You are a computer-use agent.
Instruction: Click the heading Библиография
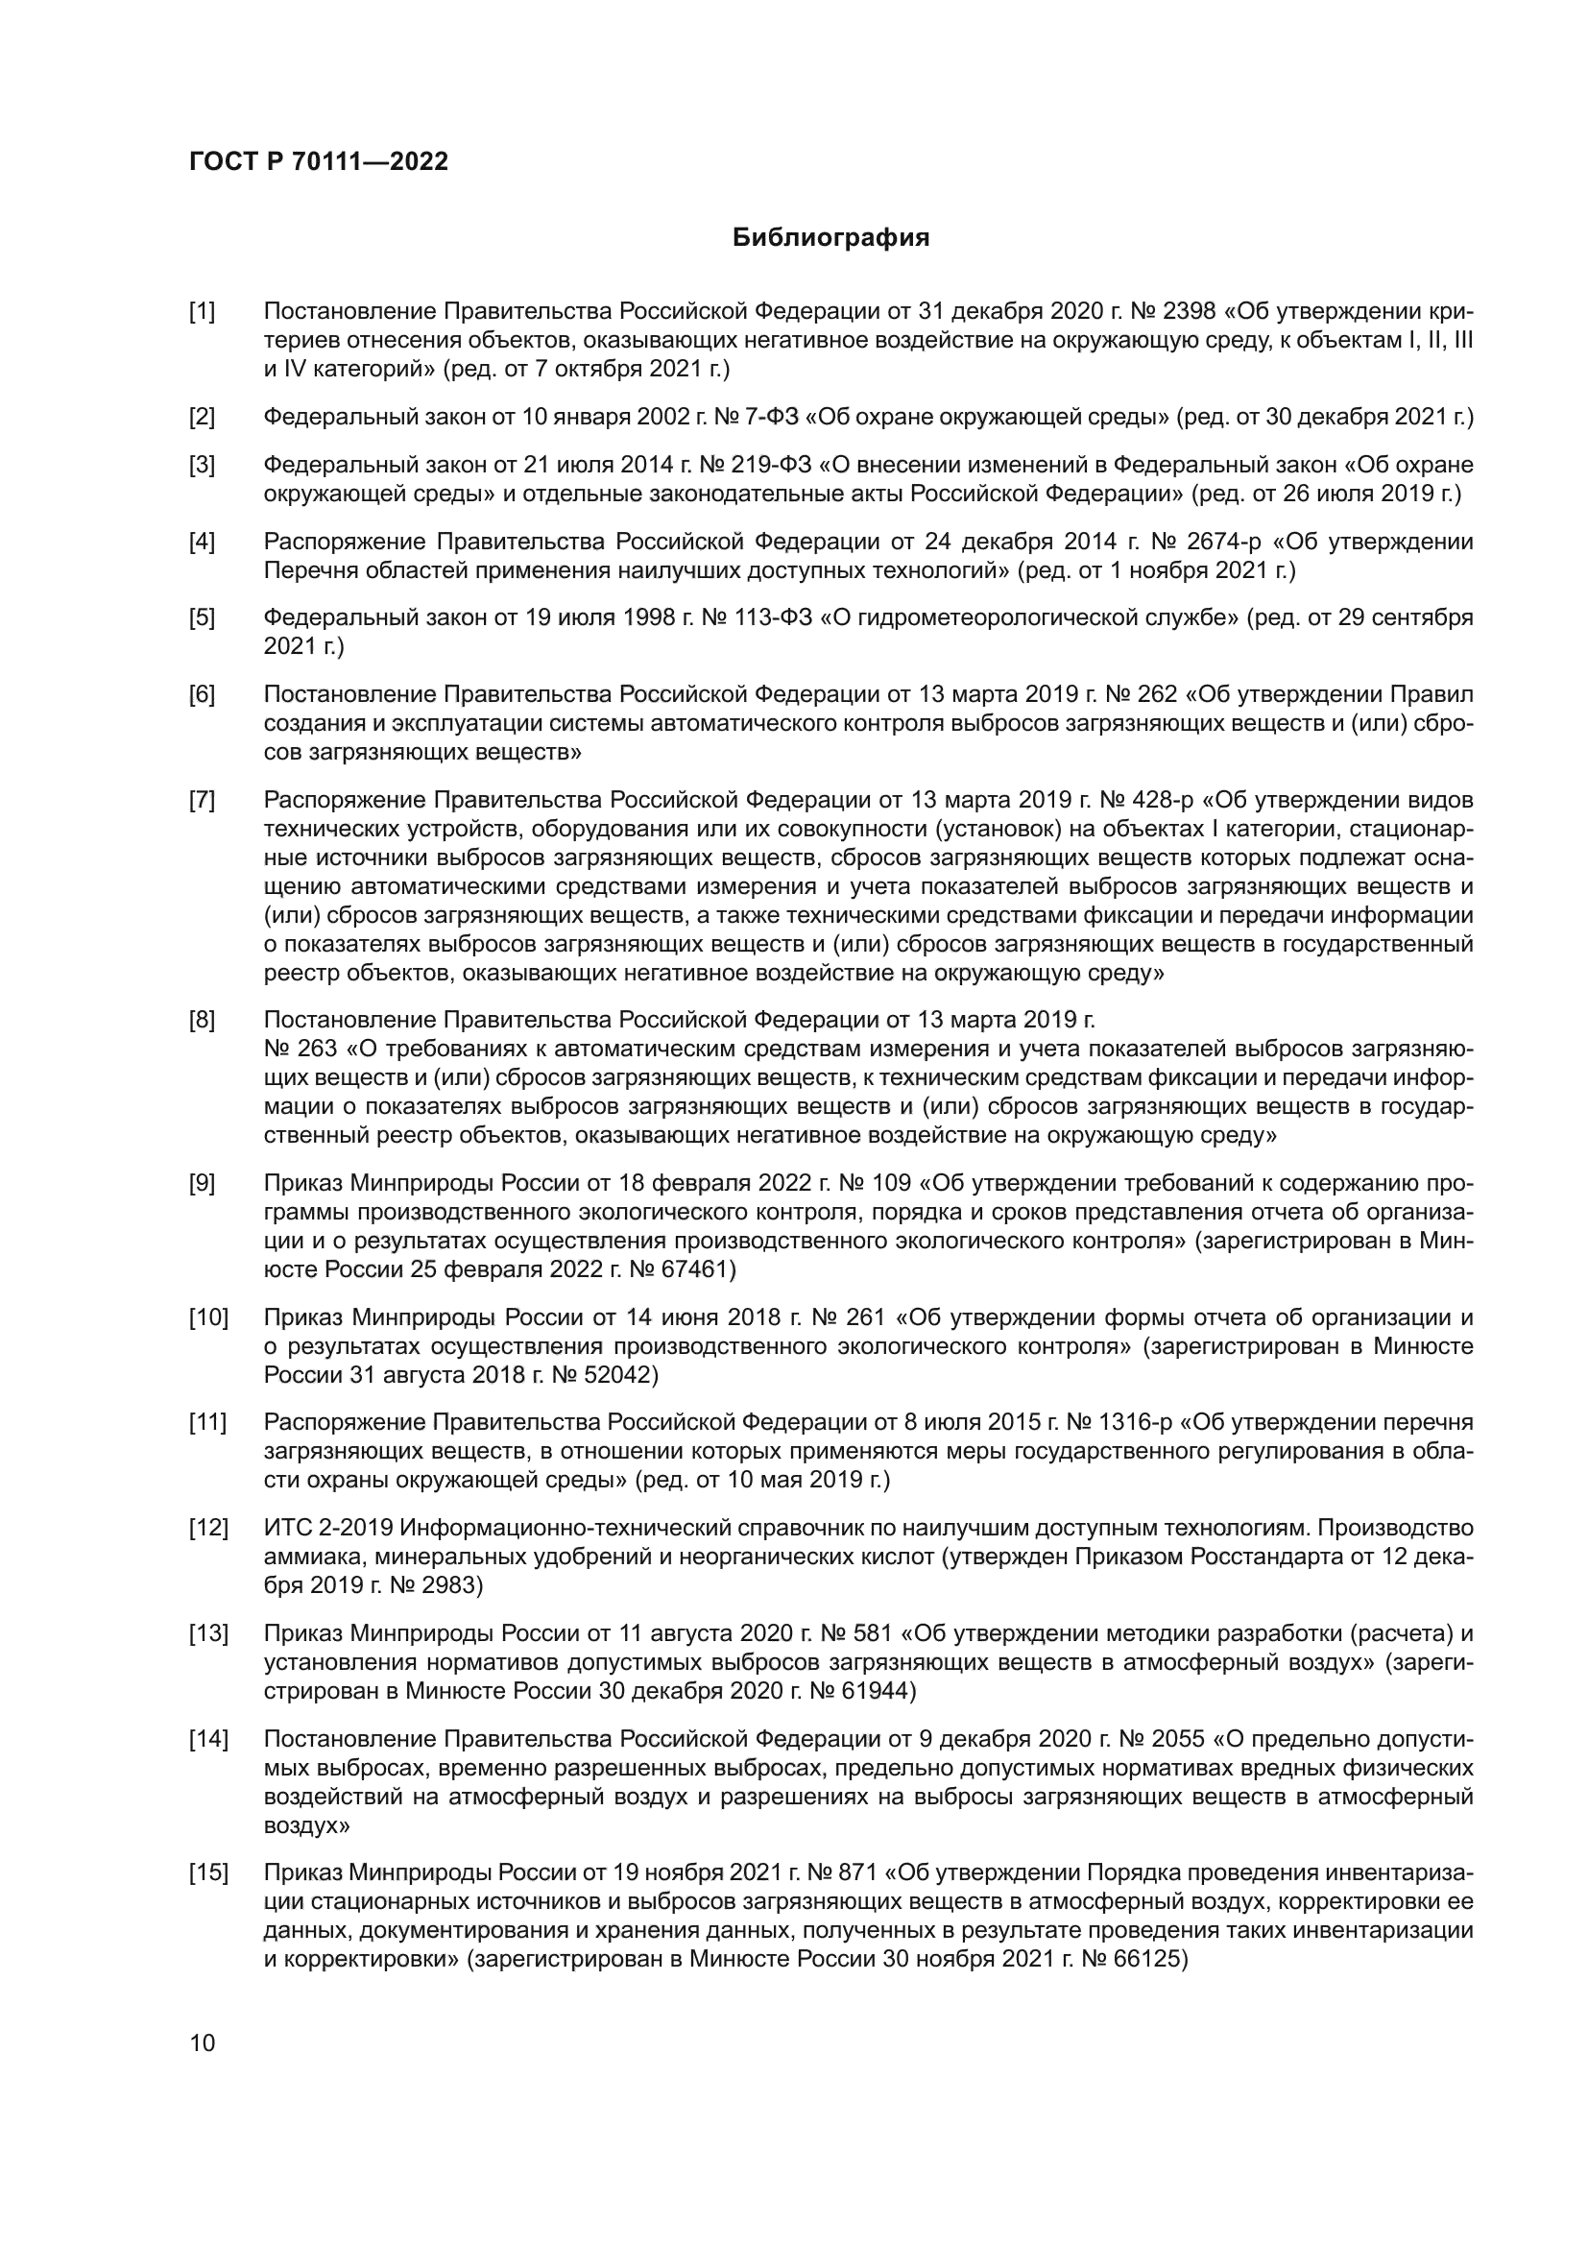[830, 238]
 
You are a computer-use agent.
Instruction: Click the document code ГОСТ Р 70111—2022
[318, 162]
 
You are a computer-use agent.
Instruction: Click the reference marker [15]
[208, 1873]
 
